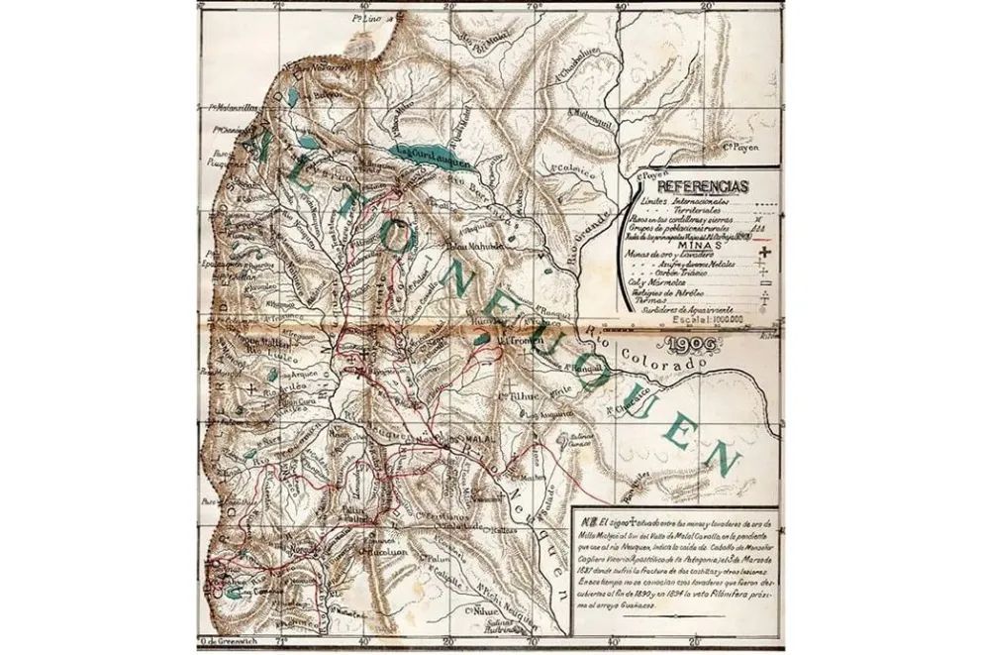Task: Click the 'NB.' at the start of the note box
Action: click(592, 522)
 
